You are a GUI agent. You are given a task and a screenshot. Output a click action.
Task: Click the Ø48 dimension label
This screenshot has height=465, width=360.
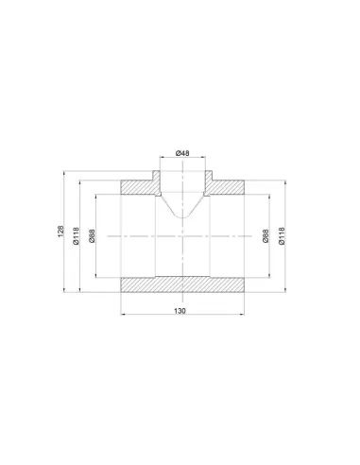tap(182, 153)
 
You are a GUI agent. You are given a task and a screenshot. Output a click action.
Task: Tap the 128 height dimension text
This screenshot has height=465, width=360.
tap(60, 232)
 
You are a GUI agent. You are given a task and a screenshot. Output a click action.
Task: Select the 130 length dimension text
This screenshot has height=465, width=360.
tap(180, 311)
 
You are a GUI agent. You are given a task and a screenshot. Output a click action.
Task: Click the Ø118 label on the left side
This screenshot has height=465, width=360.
tap(77, 235)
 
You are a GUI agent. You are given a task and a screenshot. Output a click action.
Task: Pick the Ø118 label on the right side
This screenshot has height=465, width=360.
tap(282, 235)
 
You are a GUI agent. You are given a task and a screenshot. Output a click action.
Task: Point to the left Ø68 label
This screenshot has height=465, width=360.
tap(92, 235)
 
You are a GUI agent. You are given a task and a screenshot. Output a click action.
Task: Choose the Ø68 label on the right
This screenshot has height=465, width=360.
tap(266, 235)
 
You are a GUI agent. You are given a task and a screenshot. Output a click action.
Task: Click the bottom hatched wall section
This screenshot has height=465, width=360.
tap(182, 284)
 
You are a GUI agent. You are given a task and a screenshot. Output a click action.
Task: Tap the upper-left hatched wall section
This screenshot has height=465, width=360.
tap(141, 186)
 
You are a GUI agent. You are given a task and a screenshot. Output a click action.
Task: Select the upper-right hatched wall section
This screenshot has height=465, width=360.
tap(224, 186)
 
